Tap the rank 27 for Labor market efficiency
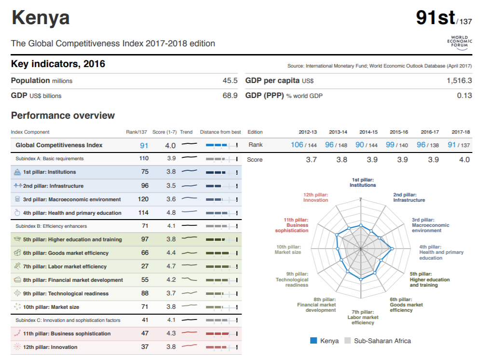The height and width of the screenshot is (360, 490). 144,266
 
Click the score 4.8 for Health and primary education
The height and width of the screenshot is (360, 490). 171,213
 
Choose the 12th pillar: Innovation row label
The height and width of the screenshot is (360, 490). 50,347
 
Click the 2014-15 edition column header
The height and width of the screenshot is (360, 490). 368,132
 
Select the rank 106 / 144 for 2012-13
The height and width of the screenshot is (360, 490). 304,145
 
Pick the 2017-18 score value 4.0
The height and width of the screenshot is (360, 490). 464,160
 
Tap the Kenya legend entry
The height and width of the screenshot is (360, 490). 324,341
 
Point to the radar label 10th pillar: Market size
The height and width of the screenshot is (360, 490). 288,249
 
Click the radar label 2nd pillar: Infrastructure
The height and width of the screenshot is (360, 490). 409,197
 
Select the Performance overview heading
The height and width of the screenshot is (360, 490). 63,115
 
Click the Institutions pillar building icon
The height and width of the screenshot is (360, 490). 18,172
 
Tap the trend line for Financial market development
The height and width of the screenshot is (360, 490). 189,280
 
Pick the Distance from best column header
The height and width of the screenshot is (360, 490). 220,132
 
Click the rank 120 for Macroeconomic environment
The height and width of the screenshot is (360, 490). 144,199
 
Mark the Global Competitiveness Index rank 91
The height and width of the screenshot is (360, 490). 144,145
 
